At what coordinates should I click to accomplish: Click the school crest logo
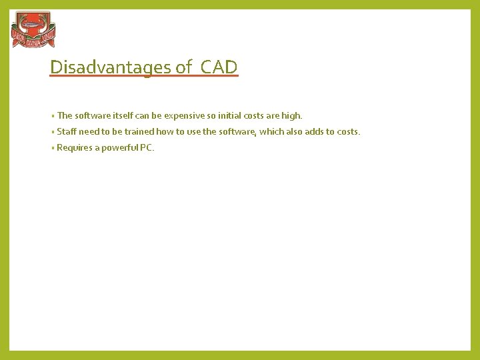[33, 30]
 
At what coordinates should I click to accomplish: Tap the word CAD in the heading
[219, 67]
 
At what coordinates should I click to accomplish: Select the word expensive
[184, 115]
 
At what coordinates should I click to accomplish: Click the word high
[292, 115]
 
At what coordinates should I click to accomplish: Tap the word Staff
[67, 131]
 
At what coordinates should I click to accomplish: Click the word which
[271, 131]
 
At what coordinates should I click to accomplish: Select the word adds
[314, 131]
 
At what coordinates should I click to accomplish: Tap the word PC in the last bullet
[146, 147]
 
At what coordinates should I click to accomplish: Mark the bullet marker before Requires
[53, 148]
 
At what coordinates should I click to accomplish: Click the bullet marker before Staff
[53, 132]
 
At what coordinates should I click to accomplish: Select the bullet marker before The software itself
[53, 116]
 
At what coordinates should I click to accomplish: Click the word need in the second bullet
[89, 131]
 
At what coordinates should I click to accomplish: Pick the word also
[295, 131]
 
